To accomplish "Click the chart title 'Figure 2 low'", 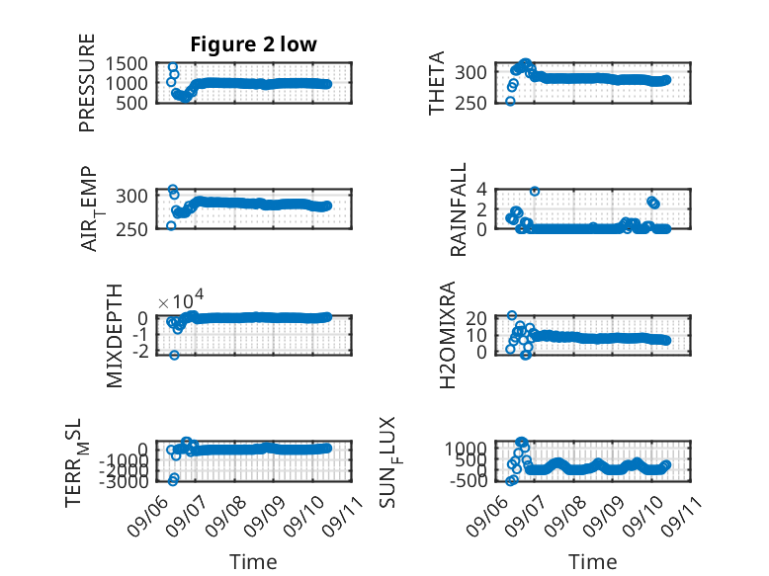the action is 254,44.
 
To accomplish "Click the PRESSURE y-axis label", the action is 86,83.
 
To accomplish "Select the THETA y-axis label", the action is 436,83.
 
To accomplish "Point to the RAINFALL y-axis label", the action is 458,209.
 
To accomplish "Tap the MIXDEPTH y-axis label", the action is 114,336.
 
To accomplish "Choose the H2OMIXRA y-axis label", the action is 448,335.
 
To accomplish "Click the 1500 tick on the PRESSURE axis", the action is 127,64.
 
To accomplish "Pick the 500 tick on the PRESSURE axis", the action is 131,103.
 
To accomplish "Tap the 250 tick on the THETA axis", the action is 470,103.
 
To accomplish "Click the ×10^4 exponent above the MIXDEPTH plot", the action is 181,300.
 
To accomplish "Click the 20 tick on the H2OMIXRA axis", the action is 476,319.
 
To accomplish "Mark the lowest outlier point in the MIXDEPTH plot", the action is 174,355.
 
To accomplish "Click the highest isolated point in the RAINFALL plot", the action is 535,192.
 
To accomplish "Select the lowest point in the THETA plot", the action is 510,101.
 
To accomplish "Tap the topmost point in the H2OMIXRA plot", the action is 512,315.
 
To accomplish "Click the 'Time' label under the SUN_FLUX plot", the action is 592,562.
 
